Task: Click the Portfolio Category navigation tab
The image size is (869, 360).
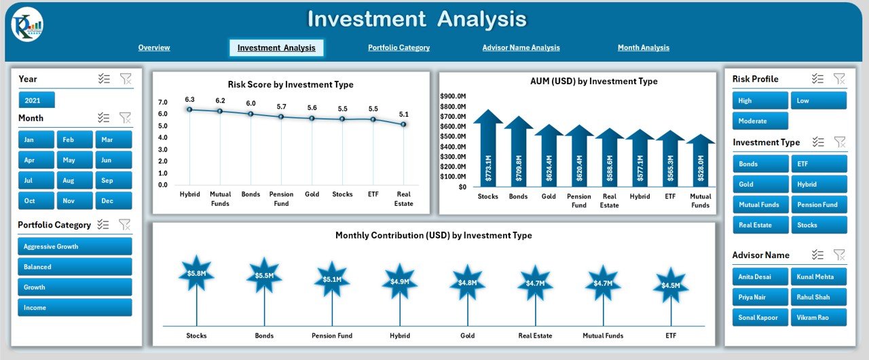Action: coord(399,48)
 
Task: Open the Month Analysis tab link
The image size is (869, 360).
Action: coord(643,48)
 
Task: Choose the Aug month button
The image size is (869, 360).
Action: coord(75,181)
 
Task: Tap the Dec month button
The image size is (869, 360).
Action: coord(113,201)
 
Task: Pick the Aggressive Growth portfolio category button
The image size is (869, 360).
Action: coord(75,247)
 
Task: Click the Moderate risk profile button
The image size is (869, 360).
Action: coord(760,121)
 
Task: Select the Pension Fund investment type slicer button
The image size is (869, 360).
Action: coord(818,204)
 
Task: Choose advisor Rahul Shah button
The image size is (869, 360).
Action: coord(818,297)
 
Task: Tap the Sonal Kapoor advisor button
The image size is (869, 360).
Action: coord(760,317)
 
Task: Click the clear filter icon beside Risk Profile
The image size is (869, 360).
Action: coord(839,79)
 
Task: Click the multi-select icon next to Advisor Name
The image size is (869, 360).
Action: coord(818,255)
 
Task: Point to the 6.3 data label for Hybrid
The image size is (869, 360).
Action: coord(189,100)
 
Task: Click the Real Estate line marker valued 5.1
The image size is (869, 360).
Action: coord(403,124)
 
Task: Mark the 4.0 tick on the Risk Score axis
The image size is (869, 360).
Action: coord(163,137)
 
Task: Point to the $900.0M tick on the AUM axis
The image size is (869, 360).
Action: coord(453,96)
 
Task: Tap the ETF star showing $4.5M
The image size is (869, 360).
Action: coord(670,285)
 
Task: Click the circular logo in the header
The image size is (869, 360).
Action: coord(27,25)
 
